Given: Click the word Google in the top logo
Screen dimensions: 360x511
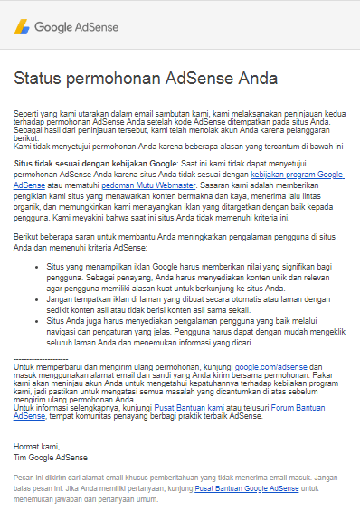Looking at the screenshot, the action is point(53,27).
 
